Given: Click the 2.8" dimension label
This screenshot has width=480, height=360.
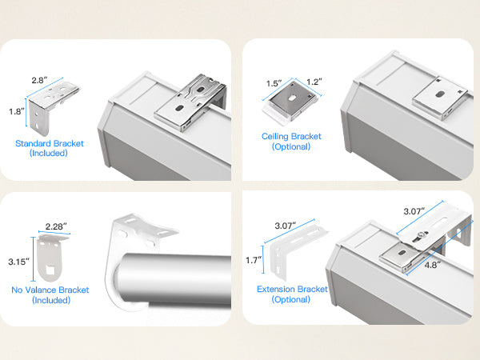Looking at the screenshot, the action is pyautogui.click(x=39, y=80).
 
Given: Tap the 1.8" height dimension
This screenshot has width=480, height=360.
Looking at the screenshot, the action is pyautogui.click(x=17, y=111).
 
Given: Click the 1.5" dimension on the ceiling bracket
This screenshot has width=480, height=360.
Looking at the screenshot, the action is pyautogui.click(x=274, y=83).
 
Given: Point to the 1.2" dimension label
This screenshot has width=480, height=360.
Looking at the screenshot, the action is pyautogui.click(x=314, y=82).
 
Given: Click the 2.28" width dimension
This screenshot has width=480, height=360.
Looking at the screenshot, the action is pyautogui.click(x=56, y=226).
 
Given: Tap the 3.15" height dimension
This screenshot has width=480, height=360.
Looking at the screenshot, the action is pyautogui.click(x=18, y=262).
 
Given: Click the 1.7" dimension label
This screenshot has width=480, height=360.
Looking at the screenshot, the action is pyautogui.click(x=254, y=260).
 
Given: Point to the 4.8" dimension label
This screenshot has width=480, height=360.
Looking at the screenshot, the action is pyautogui.click(x=432, y=265).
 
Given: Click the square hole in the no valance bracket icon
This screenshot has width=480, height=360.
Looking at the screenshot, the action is pyautogui.click(x=50, y=270).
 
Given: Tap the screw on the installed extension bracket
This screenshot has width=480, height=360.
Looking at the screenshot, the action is pyautogui.click(x=422, y=235).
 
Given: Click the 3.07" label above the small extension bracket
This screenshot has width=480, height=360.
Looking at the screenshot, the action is pyautogui.click(x=286, y=226).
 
